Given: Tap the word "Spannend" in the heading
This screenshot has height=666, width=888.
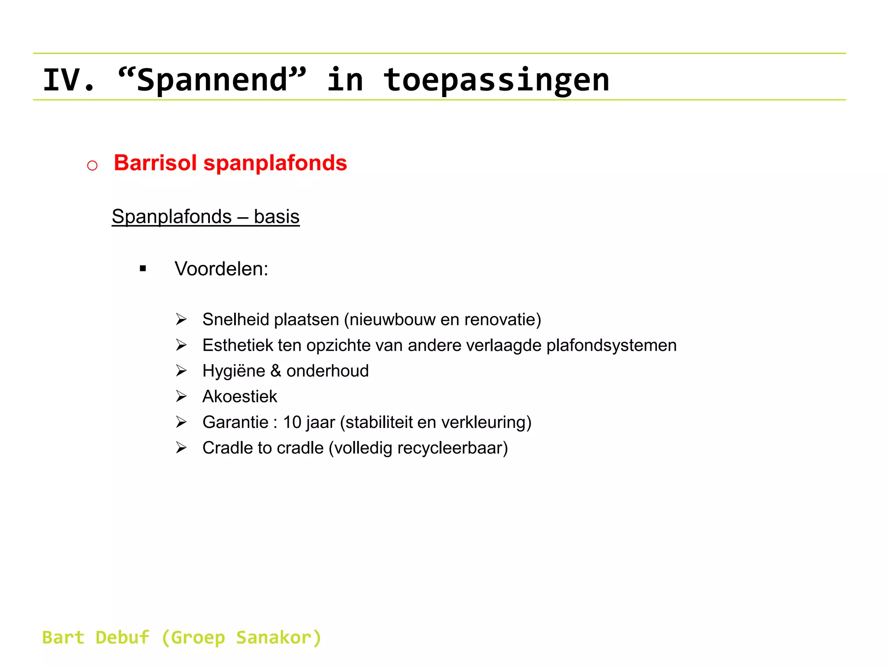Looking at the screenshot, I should click(x=212, y=80).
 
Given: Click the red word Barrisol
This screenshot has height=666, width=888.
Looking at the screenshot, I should click(x=155, y=163).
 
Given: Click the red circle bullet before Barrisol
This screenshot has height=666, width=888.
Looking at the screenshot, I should click(x=92, y=165).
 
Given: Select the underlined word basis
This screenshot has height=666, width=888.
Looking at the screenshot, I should click(x=277, y=216).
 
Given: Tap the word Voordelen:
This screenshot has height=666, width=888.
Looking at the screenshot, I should click(x=222, y=269).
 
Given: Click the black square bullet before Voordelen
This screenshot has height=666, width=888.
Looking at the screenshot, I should click(x=143, y=269).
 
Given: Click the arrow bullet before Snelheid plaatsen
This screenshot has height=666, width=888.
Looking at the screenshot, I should click(x=181, y=320).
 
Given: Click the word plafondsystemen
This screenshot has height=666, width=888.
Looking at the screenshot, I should click(x=611, y=346).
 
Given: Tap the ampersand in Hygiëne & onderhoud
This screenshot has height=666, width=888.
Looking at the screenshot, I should click(x=276, y=371).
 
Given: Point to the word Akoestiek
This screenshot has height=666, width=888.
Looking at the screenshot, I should click(x=240, y=397).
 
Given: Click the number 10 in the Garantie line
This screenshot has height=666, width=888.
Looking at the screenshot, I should click(x=292, y=422).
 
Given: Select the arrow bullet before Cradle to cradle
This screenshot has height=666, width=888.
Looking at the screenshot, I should click(x=181, y=448).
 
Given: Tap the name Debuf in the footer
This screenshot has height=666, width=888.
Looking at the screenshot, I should click(x=123, y=638).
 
